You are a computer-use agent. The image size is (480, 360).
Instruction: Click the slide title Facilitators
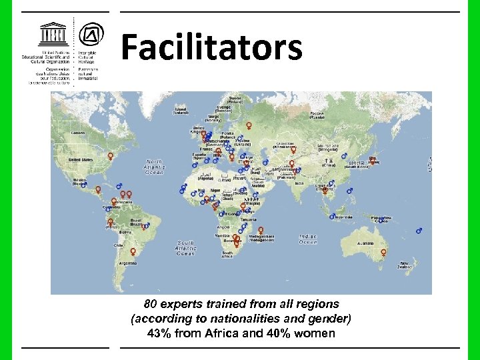(x=211, y=48)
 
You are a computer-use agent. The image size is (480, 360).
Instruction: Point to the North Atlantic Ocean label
(x=154, y=167)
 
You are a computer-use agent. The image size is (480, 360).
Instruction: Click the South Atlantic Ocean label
(x=185, y=248)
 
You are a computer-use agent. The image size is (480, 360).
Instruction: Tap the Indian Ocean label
(x=307, y=239)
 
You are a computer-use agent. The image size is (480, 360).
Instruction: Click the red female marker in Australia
(x=383, y=253)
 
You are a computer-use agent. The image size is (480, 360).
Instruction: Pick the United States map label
(x=81, y=160)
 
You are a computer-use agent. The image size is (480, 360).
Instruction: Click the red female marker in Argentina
(x=133, y=252)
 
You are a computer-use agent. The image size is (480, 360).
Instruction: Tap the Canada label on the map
(x=79, y=133)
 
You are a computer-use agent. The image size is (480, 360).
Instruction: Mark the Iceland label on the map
(x=180, y=111)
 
